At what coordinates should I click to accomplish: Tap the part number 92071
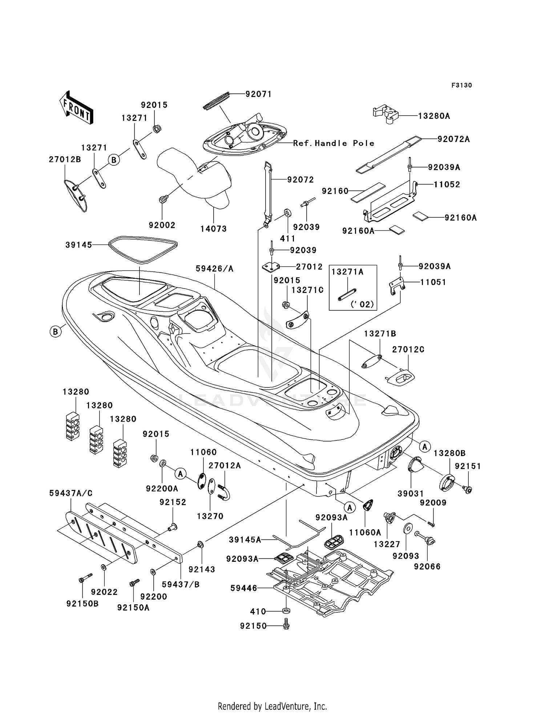(x=258, y=94)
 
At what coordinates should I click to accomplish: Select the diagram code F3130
(x=461, y=85)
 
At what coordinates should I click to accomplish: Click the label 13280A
(x=434, y=116)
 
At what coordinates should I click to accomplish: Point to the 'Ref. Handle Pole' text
(x=334, y=143)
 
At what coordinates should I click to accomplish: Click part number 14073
(x=213, y=229)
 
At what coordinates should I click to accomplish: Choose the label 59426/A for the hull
(x=214, y=269)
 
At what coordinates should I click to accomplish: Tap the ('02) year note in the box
(x=362, y=304)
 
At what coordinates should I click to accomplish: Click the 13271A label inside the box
(x=347, y=272)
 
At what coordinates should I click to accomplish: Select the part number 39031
(x=411, y=493)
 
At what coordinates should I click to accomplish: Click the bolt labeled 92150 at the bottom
(x=286, y=626)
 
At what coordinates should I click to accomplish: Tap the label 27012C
(x=408, y=349)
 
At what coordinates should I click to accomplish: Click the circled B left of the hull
(x=56, y=331)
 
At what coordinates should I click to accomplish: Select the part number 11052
(x=447, y=184)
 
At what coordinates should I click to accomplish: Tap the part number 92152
(x=173, y=502)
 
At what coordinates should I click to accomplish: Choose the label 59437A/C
(x=71, y=493)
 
